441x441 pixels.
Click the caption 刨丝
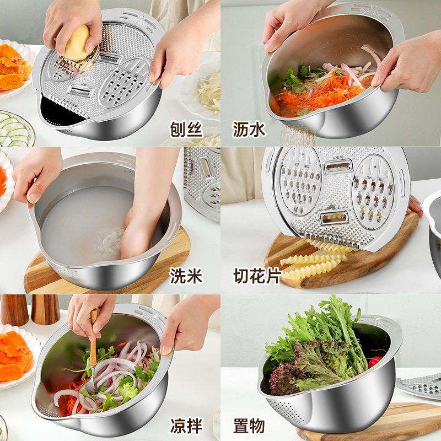tap(186, 130)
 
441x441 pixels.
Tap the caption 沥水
tap(249, 130)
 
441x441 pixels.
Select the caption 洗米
tap(186, 275)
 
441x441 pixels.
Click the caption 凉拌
tap(186, 426)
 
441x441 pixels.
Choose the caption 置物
tap(249, 426)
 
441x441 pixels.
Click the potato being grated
tap(77, 43)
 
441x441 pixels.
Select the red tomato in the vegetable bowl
tap(375, 362)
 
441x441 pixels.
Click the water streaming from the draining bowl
tap(298, 135)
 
